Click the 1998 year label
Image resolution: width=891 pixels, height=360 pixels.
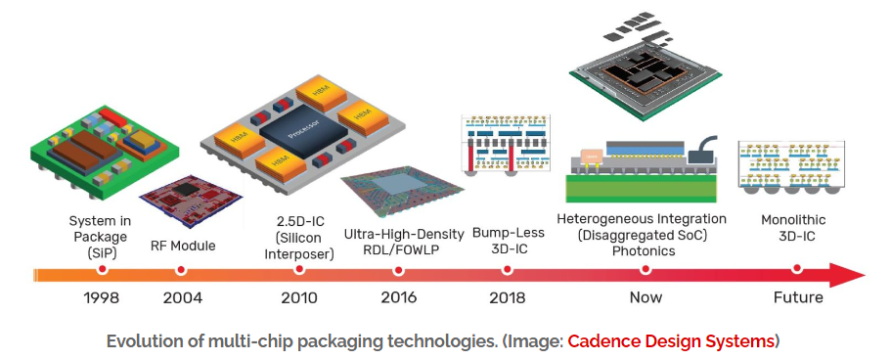pos(101,297)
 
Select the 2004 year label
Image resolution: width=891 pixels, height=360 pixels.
pos(182,297)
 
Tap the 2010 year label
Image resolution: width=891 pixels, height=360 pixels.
pos(299,297)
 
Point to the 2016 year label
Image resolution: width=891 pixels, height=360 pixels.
pos(398,297)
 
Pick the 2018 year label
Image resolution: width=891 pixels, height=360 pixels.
pos(508,297)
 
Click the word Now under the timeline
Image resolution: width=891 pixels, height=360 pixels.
pos(646,297)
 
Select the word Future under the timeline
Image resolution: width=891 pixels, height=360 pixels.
pos(798,297)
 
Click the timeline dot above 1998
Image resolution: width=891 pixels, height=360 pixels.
pos(103,270)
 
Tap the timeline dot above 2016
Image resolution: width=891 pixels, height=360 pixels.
pos(398,270)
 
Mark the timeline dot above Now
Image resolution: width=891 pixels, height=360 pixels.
pos(645,270)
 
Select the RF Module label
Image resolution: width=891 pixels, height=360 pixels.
pos(183,247)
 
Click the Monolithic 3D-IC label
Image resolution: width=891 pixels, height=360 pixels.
pos(793,228)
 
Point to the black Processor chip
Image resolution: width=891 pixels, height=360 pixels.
pos(303,132)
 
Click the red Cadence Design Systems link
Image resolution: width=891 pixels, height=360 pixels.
pos(671,341)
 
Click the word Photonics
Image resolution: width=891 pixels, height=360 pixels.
pos(644,250)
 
